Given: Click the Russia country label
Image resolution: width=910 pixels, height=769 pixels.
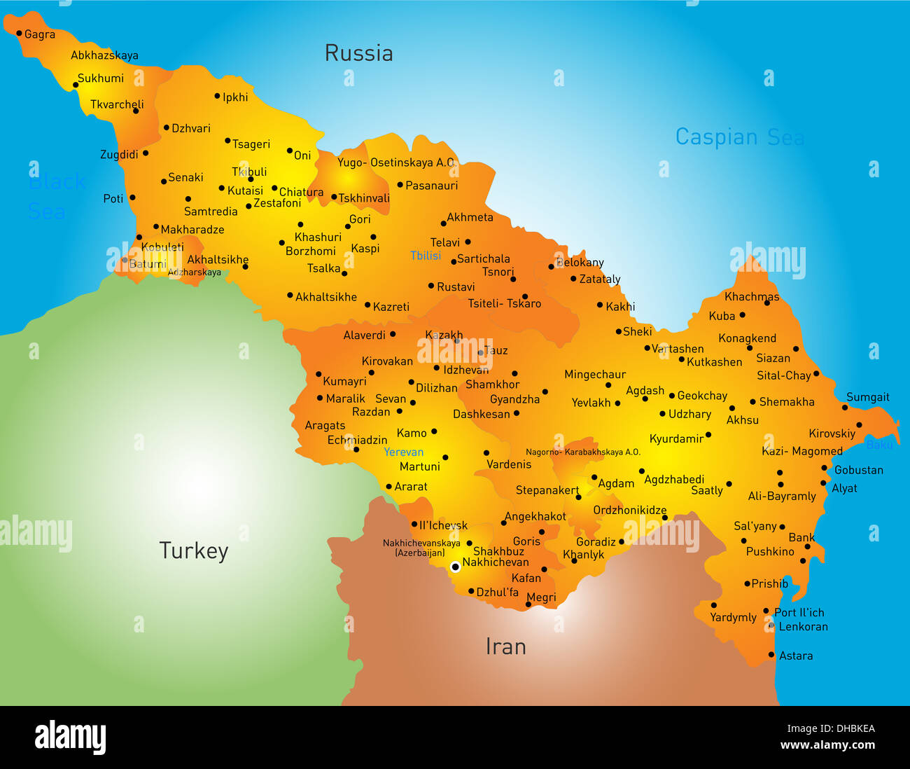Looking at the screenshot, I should [x=358, y=53].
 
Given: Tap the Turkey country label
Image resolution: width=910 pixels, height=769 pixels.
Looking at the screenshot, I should [x=193, y=551].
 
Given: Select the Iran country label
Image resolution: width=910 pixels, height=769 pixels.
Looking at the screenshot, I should [x=505, y=646].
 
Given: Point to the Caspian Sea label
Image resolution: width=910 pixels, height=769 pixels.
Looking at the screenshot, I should [x=739, y=137].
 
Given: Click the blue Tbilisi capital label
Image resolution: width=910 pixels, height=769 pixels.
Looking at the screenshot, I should [x=426, y=256].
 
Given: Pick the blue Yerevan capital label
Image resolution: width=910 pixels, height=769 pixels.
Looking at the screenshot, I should [x=403, y=452].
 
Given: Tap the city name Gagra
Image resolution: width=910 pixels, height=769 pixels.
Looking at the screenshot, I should [x=39, y=34].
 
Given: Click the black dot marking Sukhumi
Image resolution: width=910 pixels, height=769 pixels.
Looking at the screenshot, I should [x=76, y=85].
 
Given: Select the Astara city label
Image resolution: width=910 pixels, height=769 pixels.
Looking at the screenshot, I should [x=796, y=656].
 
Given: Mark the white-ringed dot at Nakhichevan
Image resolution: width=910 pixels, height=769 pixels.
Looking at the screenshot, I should [x=455, y=567].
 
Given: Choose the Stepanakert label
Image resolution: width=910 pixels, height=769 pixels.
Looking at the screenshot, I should [x=547, y=490].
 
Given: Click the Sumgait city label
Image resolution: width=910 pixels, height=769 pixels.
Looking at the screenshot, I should [x=867, y=397].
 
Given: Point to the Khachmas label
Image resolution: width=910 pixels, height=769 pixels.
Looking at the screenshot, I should [x=752, y=297].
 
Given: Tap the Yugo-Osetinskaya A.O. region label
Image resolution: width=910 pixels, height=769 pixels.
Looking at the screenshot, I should [x=396, y=162].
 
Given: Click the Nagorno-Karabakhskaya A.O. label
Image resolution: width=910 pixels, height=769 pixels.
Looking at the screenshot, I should [x=582, y=452].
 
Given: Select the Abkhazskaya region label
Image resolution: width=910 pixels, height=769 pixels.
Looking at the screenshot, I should [x=104, y=55].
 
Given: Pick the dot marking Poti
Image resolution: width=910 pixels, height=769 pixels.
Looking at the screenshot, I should [x=132, y=198].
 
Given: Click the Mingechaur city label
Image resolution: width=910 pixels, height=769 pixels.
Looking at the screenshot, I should [x=595, y=375].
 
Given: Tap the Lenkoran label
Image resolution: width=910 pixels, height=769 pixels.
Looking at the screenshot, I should [x=803, y=627].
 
